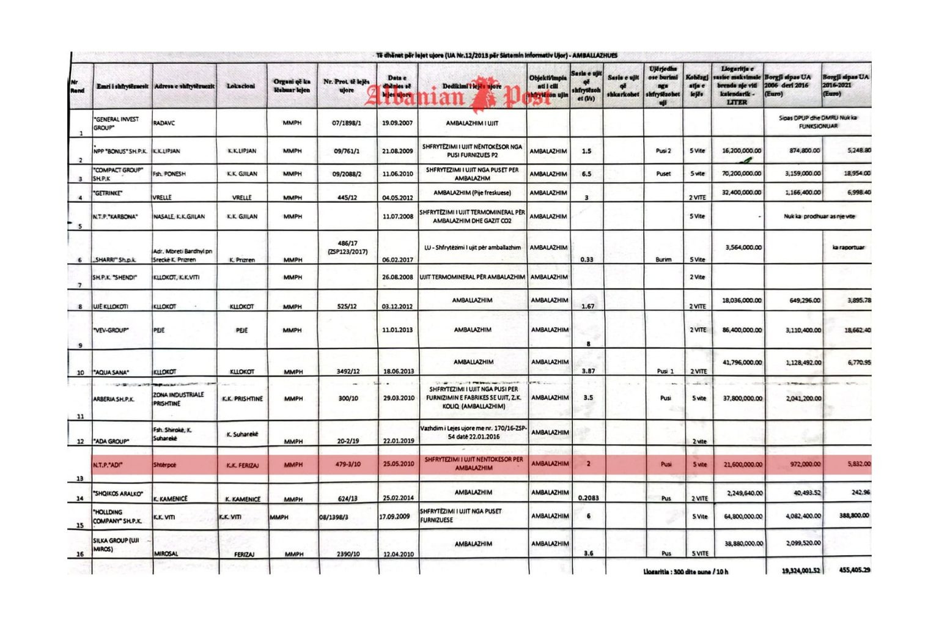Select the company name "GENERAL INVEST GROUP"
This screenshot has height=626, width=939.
116,123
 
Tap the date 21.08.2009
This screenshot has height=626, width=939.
397,151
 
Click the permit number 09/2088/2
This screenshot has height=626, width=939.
347,174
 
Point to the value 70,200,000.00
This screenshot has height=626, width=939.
742,174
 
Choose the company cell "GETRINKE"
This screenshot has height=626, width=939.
108,193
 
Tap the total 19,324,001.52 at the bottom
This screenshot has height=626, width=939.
801,570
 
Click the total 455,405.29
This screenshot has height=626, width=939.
855,570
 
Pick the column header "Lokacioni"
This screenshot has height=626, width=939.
241,86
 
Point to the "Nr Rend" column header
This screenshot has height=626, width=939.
78,86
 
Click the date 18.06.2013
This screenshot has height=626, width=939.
398,372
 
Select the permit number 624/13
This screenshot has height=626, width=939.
347,499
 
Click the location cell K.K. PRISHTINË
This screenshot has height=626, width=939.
242,399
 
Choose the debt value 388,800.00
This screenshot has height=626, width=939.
854,516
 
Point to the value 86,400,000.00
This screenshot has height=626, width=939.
742,330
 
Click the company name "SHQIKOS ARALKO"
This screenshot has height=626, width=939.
118,493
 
